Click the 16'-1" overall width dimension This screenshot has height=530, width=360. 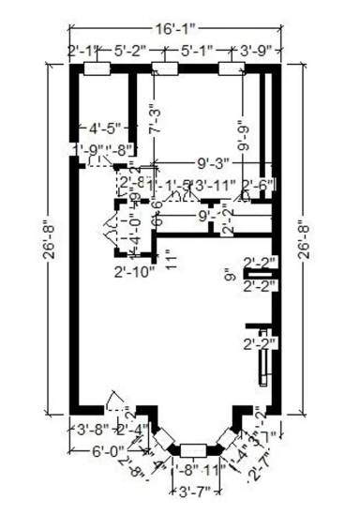click(175, 30)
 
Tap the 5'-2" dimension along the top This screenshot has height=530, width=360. click(131, 51)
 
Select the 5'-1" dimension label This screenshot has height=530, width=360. click(198, 51)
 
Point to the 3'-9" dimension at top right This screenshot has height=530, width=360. click(257, 51)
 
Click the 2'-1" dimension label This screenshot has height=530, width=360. click(83, 51)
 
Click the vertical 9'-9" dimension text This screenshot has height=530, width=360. click(244, 134)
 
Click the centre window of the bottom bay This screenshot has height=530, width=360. click(194, 448)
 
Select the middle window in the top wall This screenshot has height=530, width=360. click(165, 68)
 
